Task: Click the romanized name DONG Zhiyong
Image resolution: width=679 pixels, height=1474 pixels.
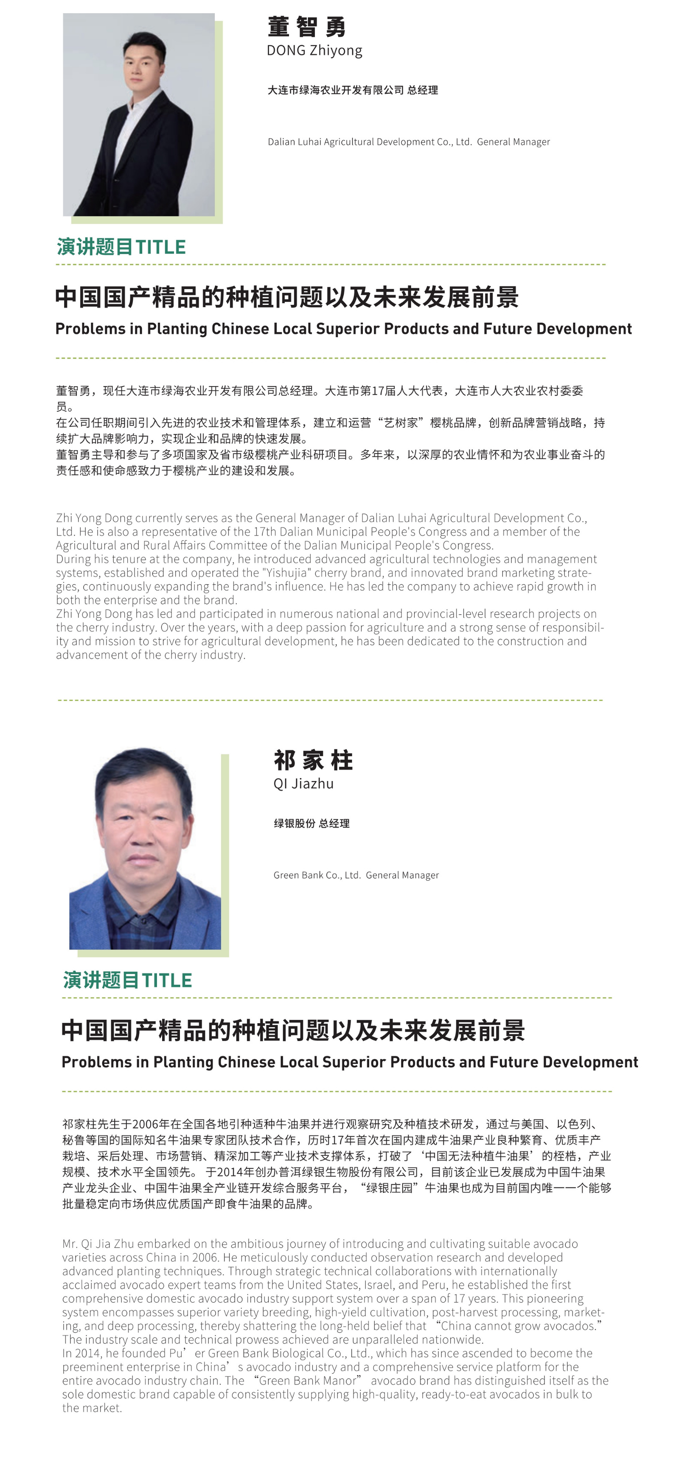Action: coord(314,50)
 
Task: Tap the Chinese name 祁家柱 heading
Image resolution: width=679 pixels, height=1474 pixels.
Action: coord(313,760)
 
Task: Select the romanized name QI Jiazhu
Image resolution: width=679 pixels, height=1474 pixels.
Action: coord(303,783)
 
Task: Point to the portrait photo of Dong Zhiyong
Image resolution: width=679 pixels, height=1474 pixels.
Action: coord(138,114)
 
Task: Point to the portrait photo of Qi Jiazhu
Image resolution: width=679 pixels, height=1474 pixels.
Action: coord(145,848)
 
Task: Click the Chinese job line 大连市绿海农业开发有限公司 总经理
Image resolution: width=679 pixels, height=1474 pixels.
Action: coord(353,90)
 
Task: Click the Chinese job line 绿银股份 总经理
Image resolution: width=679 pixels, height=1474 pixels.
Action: coord(311,824)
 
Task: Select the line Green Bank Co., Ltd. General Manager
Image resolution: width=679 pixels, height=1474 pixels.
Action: coord(356,875)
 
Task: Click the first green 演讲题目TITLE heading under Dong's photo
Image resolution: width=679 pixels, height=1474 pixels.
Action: coord(121,247)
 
